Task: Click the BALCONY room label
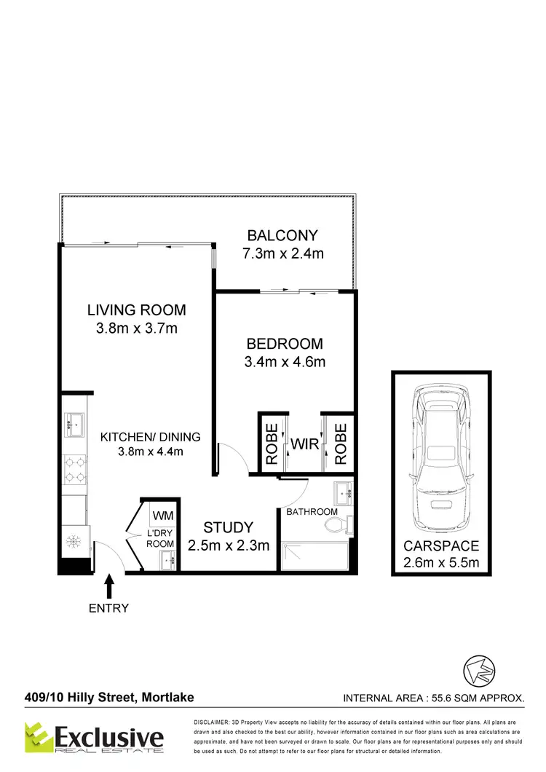pos(282,235)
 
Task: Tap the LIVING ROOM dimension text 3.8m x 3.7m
pos(137,328)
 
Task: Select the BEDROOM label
pos(284,344)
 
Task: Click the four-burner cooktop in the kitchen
pos(74,468)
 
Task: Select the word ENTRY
pos(108,608)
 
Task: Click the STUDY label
pos(228,527)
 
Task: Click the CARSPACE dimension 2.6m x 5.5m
pos(441,562)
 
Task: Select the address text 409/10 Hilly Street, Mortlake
pos(108,698)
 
